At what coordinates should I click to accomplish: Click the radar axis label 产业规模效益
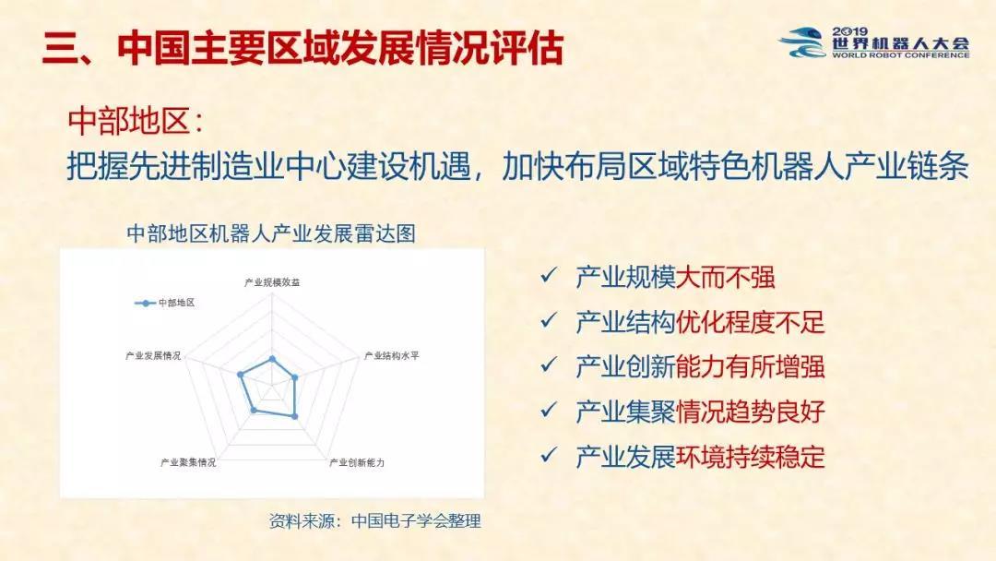pos(272,282)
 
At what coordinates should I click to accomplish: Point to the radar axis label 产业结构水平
pos(391,356)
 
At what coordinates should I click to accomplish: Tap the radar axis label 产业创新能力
pos(357,462)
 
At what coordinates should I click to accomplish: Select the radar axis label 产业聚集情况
pos(188,462)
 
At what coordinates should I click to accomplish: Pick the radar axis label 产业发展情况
pos(153,356)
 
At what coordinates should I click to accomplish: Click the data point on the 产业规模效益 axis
pos(272,359)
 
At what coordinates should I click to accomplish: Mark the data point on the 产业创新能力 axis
pos(295,416)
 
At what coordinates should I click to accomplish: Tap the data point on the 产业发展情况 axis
pos(240,375)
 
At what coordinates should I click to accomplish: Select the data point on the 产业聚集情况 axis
pos(255,411)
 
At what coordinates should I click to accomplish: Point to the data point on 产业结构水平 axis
pos(295,377)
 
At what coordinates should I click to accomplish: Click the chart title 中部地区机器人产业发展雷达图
pos(271,233)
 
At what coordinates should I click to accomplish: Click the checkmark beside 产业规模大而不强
pos(548,275)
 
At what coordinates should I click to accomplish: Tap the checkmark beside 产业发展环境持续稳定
pos(548,455)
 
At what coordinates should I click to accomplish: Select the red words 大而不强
pos(726,278)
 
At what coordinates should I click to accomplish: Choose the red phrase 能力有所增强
pos(750,367)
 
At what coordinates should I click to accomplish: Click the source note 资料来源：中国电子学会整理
pos(374,521)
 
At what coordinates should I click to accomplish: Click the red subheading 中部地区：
pos(136,121)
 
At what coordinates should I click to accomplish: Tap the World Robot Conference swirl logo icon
pos(802,42)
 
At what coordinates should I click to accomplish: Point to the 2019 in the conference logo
pos(850,31)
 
